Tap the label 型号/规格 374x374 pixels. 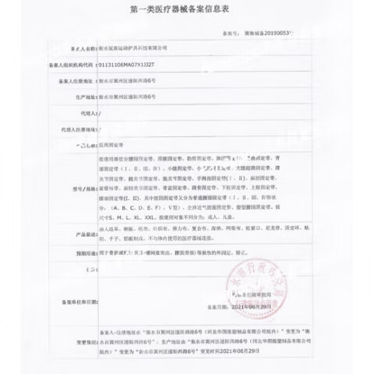(x=79, y=189)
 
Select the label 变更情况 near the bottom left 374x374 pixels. (x=81, y=340)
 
